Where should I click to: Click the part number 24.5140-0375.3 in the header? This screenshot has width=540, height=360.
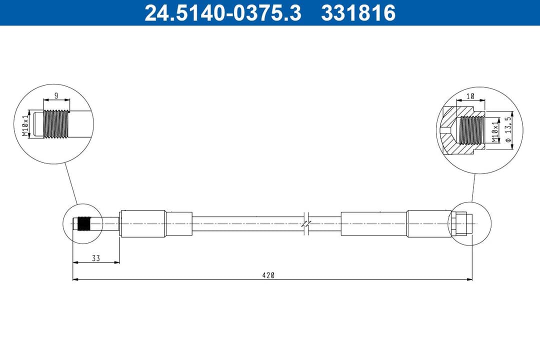point(222,12)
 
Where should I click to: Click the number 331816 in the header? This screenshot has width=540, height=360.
point(358,12)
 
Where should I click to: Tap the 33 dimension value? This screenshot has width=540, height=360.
point(96,258)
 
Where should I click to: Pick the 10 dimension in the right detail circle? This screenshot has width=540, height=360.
point(469,95)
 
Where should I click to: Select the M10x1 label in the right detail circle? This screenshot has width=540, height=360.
point(495,131)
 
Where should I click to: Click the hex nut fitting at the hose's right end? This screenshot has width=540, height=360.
point(459,223)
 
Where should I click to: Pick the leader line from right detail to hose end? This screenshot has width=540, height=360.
point(472,188)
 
